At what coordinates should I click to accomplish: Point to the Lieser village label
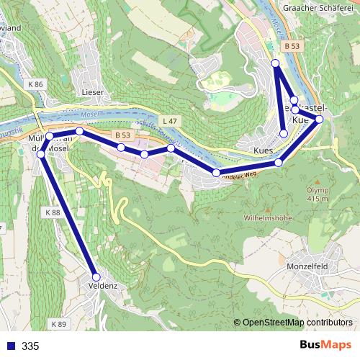(x=94, y=93)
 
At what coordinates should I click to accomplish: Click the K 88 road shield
(x=52, y=213)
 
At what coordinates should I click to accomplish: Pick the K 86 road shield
(x=36, y=85)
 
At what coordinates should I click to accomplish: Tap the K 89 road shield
(x=59, y=325)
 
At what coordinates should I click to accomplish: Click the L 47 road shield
(x=169, y=120)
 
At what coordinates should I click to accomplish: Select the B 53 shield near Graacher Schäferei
(x=291, y=46)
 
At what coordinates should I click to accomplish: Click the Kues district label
(x=264, y=150)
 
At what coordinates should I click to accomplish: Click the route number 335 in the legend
(x=30, y=346)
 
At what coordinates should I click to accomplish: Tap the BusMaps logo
(x=325, y=346)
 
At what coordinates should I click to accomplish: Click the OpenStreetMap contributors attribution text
(x=297, y=323)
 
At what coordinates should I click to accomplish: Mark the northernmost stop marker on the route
(x=275, y=64)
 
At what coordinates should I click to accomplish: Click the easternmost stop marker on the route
(x=319, y=119)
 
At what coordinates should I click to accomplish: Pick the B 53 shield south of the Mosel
(x=123, y=135)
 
